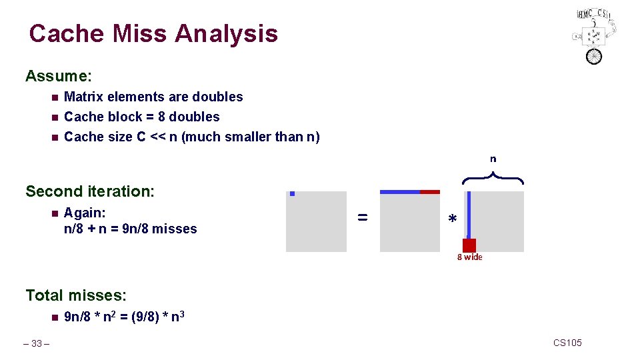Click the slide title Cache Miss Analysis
click(x=153, y=33)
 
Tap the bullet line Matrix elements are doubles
click(x=153, y=97)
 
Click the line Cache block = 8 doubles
click(x=141, y=117)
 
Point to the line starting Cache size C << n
click(x=191, y=137)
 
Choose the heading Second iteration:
click(x=90, y=191)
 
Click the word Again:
click(x=85, y=213)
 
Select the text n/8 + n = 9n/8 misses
click(x=130, y=229)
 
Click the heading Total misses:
click(x=76, y=295)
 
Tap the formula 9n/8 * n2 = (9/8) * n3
click(x=124, y=317)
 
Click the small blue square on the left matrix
click(x=292, y=194)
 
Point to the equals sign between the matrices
click(x=362, y=217)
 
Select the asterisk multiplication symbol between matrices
click(x=453, y=220)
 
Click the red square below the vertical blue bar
click(x=469, y=245)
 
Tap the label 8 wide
click(x=469, y=257)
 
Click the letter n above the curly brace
click(x=493, y=159)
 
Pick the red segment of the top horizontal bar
click(x=430, y=192)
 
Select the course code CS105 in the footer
click(x=567, y=343)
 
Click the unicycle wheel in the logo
click(x=593, y=56)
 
